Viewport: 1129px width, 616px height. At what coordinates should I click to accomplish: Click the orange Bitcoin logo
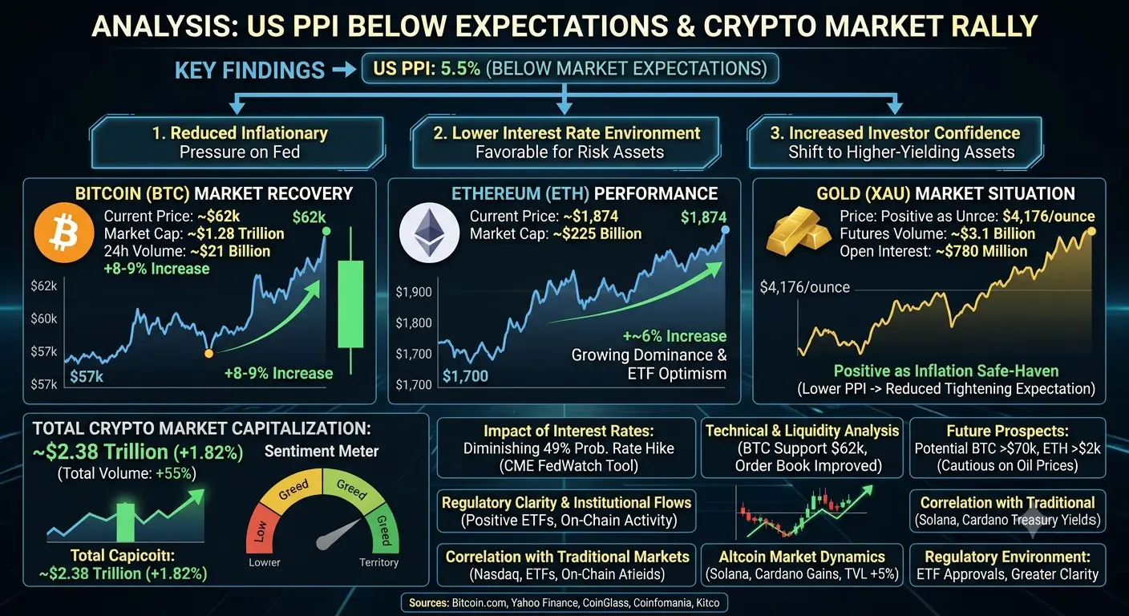64,233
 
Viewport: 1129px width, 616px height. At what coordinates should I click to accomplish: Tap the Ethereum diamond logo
430,233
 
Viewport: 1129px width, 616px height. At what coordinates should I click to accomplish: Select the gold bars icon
799,231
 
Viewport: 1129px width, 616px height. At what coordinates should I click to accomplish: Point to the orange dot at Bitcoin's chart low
208,354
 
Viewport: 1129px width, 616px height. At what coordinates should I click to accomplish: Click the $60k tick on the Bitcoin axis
44,318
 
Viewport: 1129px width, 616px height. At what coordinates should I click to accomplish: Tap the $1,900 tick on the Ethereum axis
413,291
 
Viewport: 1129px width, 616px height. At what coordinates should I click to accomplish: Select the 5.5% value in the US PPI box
461,68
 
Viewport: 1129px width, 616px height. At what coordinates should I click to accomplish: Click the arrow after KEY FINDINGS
345,70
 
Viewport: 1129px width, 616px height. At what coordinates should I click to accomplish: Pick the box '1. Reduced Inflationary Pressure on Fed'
237,143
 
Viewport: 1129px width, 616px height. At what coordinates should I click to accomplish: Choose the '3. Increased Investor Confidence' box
896,143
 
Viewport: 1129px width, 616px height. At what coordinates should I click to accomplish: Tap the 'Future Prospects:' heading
1008,431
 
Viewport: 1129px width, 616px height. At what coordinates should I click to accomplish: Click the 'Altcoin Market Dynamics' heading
802,557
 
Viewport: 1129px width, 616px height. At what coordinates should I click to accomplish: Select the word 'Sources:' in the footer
429,603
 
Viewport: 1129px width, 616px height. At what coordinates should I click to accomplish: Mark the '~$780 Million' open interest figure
981,251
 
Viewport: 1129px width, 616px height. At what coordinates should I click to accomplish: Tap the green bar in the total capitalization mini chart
126,521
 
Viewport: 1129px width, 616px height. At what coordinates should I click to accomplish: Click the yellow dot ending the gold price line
1091,231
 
